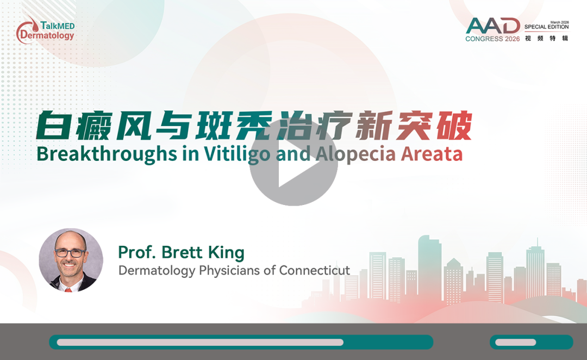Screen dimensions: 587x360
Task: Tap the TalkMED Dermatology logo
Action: pyautogui.click(x=45, y=30)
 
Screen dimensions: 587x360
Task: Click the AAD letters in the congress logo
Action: pyautogui.click(x=493, y=26)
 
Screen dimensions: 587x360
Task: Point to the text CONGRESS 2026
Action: pyautogui.click(x=492, y=39)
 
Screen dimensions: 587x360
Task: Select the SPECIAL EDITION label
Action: pyautogui.click(x=547, y=27)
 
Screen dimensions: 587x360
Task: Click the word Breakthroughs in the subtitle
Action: pyautogui.click(x=107, y=154)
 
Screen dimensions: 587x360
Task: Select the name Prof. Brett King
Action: pyautogui.click(x=181, y=252)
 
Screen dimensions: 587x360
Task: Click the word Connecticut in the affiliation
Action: pyautogui.click(x=315, y=270)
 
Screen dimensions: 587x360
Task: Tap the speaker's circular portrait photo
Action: pyautogui.click(x=71, y=260)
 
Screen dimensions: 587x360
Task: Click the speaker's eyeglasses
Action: pyautogui.click(x=70, y=253)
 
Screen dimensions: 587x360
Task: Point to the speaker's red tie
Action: pyautogui.click(x=68, y=289)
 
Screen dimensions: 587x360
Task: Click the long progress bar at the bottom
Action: pyautogui.click(x=241, y=342)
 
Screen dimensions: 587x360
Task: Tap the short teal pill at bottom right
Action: pyautogui.click(x=532, y=342)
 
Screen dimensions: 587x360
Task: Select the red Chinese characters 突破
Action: pyautogui.click(x=434, y=126)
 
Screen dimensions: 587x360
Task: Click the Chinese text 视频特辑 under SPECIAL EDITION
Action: pyautogui.click(x=547, y=38)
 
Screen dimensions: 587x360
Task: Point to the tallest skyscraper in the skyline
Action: pyautogui.click(x=429, y=270)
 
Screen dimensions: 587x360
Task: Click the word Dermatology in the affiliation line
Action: pyautogui.click(x=157, y=271)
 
